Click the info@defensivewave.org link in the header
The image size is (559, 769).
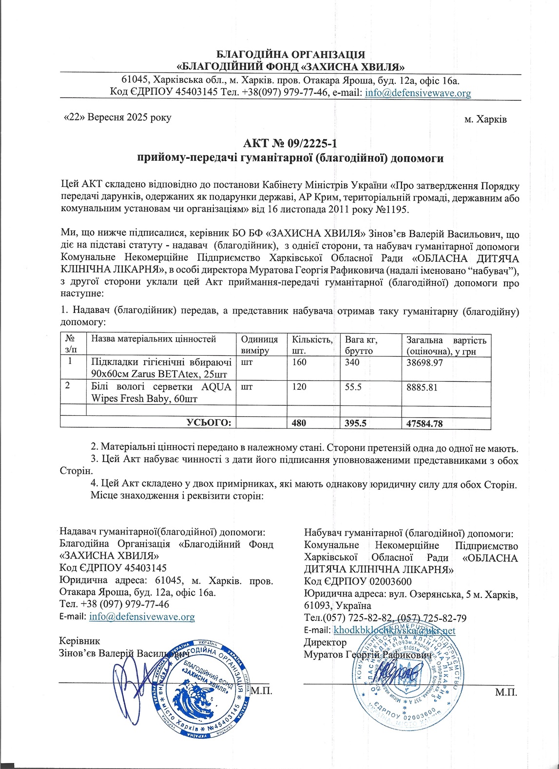(x=418, y=93)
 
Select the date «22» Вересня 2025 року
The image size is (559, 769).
(x=117, y=118)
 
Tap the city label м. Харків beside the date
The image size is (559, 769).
(x=485, y=119)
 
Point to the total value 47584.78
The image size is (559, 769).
(x=424, y=423)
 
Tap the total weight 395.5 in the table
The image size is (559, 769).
(x=356, y=423)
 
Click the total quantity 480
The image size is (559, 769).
(x=299, y=423)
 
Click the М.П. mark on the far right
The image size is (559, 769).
(x=506, y=692)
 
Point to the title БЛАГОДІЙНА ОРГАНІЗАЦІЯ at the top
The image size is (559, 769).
(x=290, y=54)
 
